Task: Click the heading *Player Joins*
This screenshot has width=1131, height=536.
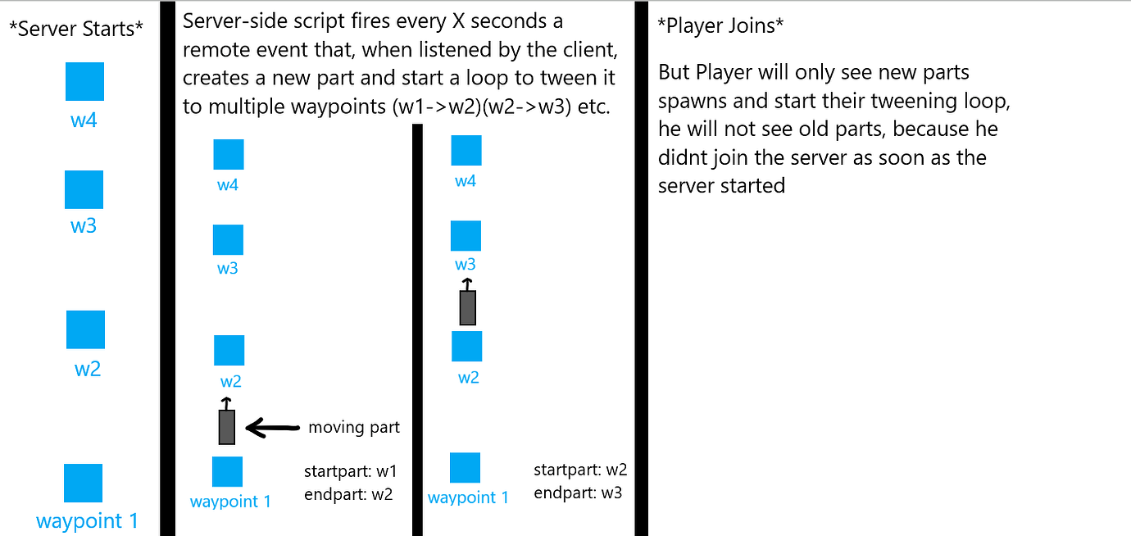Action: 720,25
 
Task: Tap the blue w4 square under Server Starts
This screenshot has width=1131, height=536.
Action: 84,81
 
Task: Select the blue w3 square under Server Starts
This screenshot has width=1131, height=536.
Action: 84,189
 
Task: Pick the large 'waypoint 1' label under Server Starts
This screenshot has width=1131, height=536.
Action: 87,520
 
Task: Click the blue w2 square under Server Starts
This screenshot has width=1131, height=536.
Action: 85,329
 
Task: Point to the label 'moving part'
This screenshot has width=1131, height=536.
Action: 354,427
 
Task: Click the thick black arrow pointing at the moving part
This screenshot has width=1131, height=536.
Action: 272,427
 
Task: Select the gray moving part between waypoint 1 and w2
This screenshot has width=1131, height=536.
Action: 227,426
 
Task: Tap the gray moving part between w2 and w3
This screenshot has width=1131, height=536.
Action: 467,307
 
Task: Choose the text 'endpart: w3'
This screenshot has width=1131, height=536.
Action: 578,493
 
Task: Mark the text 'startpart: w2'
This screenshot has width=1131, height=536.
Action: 579,470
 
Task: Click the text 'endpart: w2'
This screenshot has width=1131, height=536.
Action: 348,494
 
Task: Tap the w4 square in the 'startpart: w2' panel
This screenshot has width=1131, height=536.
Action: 466,150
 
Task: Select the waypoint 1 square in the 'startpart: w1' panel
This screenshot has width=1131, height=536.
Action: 227,471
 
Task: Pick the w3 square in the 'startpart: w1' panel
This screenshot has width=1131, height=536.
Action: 228,239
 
